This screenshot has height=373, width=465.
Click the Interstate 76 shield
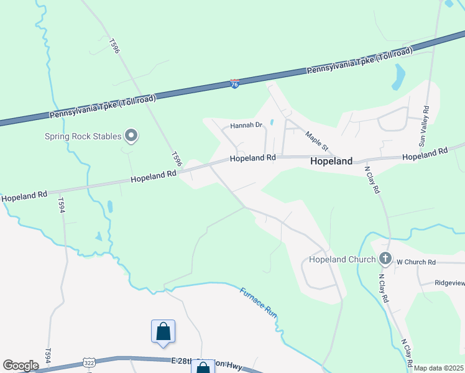[x=234, y=83]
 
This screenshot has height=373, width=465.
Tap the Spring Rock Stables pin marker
[x=131, y=136]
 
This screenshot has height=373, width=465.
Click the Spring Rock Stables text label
[x=83, y=136]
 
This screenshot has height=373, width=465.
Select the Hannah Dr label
[x=247, y=125]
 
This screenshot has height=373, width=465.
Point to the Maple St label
[x=316, y=140]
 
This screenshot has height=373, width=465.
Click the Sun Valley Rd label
[x=426, y=126]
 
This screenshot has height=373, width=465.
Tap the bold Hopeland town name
[x=331, y=161]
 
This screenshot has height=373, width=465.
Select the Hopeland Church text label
[x=342, y=259]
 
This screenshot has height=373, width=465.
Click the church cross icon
[x=385, y=259]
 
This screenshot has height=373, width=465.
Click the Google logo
[x=21, y=366]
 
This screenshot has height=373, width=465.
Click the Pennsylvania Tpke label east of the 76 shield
[x=359, y=61]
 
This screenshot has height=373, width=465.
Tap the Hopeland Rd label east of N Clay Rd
[x=425, y=154]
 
